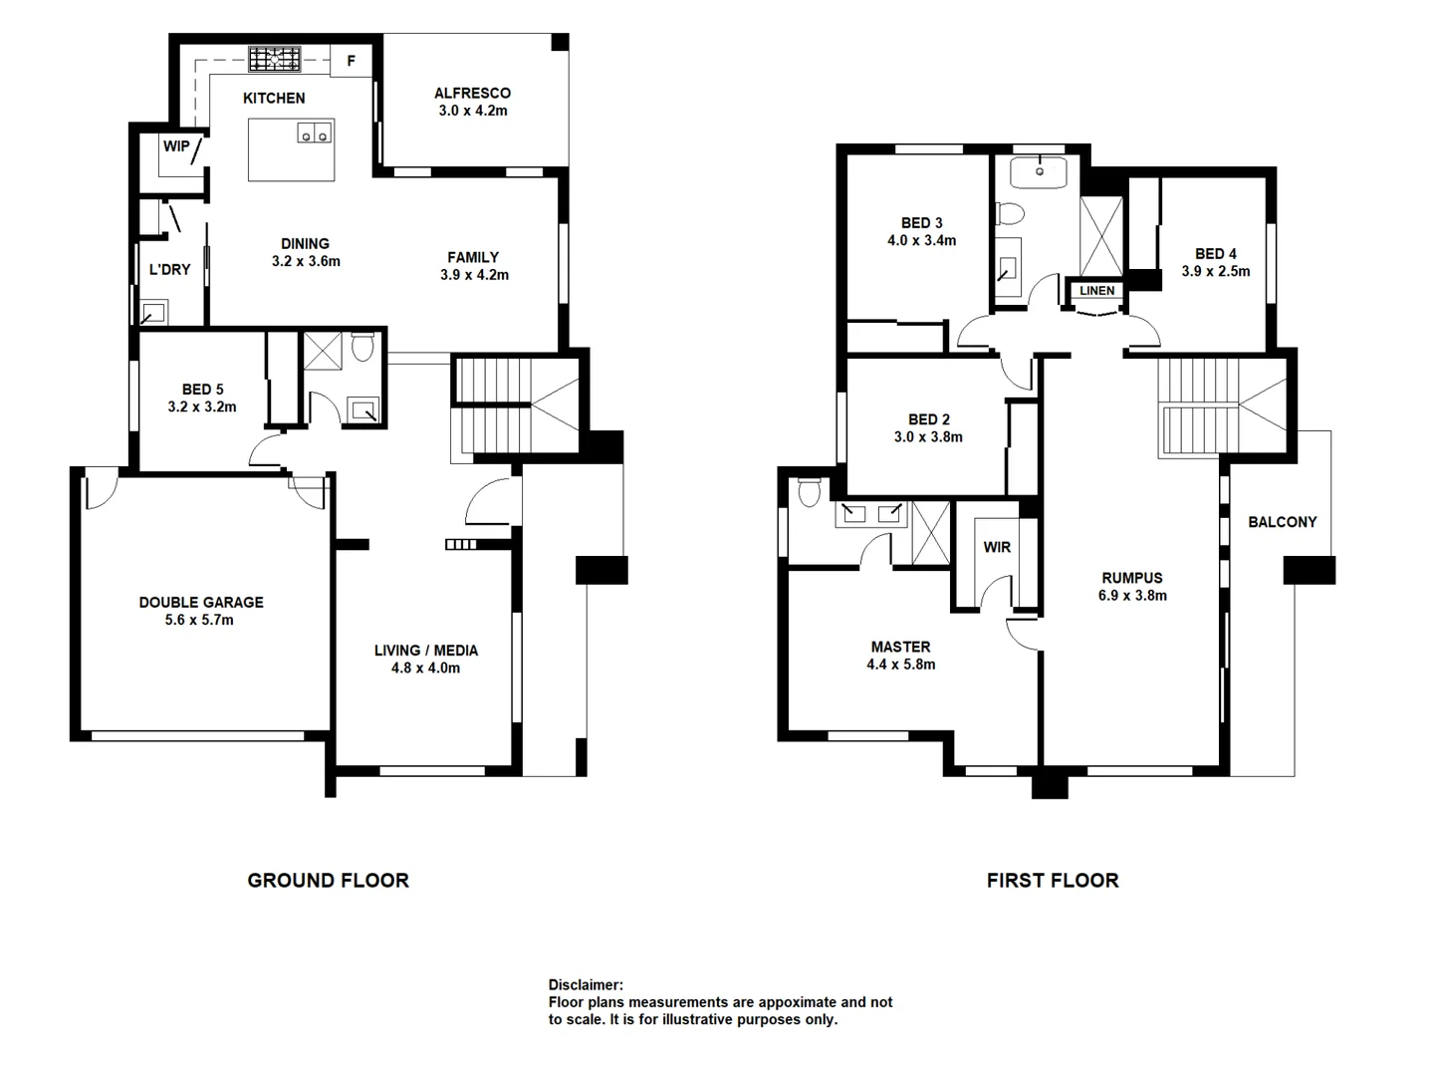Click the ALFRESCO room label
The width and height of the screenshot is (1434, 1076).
click(472, 93)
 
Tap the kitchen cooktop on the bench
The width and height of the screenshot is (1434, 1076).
click(274, 59)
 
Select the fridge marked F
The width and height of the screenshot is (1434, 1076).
click(351, 61)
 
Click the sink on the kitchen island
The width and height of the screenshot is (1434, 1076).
click(315, 133)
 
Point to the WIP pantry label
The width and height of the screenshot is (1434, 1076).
click(176, 146)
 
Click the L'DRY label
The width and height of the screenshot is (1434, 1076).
click(169, 269)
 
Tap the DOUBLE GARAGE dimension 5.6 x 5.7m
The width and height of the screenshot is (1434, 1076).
click(201, 620)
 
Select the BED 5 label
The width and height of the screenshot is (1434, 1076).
click(202, 390)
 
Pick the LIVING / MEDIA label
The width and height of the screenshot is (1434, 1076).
click(426, 651)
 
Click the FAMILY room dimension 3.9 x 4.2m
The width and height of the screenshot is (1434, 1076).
click(474, 275)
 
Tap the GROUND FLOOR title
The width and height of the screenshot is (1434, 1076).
click(328, 880)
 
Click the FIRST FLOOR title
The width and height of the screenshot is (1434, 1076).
click(1053, 880)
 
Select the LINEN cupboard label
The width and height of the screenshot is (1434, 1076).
click(1096, 291)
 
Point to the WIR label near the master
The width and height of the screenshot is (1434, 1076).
click(997, 547)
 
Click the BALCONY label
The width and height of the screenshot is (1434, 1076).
click(1282, 522)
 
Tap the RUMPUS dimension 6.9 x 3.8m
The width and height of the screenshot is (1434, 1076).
click(1132, 596)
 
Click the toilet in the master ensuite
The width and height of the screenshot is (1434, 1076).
click(809, 491)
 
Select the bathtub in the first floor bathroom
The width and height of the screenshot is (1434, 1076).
click(1038, 171)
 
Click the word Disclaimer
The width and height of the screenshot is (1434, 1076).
click(586, 985)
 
